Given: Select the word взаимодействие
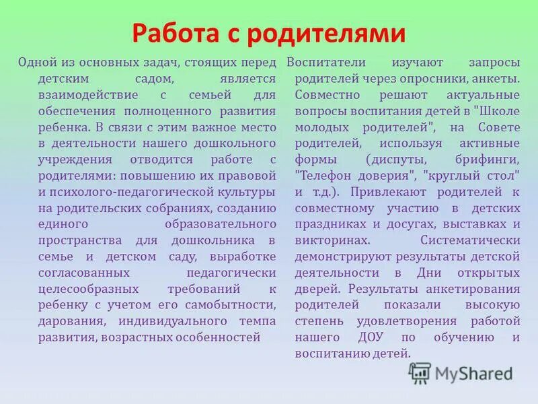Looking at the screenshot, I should pos(77,94).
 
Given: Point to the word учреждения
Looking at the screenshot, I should pos(69,159).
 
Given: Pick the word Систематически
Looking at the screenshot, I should pos(470,240).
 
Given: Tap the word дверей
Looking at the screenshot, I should pos(316,289).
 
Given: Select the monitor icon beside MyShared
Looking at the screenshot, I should pos(420,372).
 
